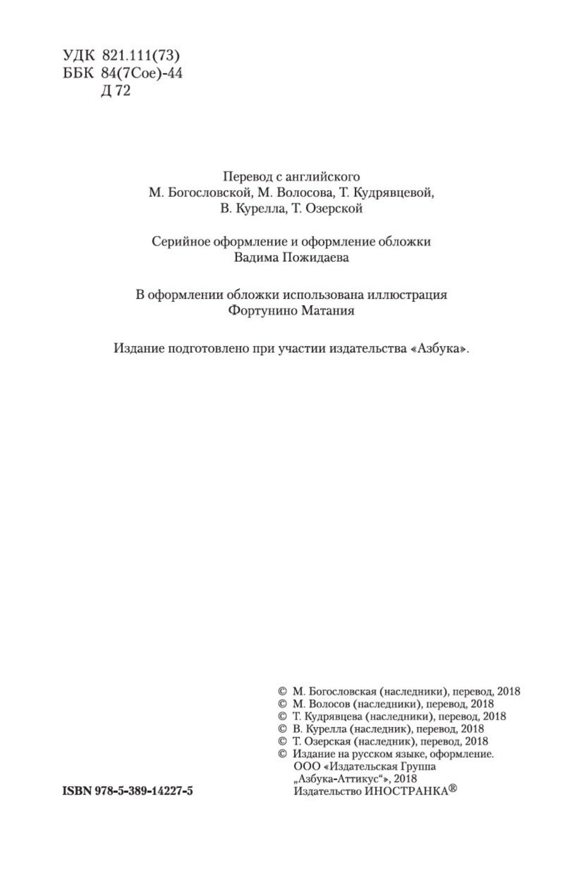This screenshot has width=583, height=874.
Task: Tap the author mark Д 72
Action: click(x=114, y=92)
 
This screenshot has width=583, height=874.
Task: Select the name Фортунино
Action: click(x=262, y=311)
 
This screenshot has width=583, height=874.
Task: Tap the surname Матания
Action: click(x=328, y=311)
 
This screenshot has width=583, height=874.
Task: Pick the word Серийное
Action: click(x=181, y=241)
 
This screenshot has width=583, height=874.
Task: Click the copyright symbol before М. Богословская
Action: click(x=282, y=691)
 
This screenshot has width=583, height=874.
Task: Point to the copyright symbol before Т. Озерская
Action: click(x=282, y=742)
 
